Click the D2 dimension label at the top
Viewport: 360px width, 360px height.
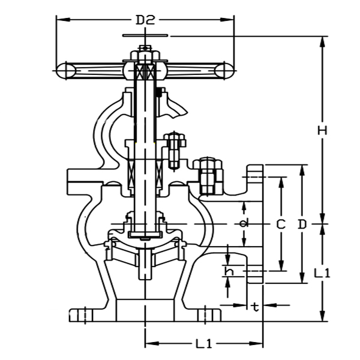tap(145, 19)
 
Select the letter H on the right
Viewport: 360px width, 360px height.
tap(322, 130)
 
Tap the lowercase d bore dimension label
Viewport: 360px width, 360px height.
tap(243, 224)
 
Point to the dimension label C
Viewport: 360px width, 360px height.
tap(280, 224)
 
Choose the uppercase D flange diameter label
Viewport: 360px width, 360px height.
tap(302, 224)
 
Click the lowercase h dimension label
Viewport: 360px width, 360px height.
tap(229, 271)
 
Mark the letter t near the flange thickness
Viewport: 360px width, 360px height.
tap(256, 307)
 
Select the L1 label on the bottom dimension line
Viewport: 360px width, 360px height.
tap(203, 344)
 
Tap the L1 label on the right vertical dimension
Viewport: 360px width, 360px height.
tap(323, 272)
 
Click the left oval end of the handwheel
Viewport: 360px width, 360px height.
tap(66, 70)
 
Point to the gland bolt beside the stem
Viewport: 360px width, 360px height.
tap(175, 150)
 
